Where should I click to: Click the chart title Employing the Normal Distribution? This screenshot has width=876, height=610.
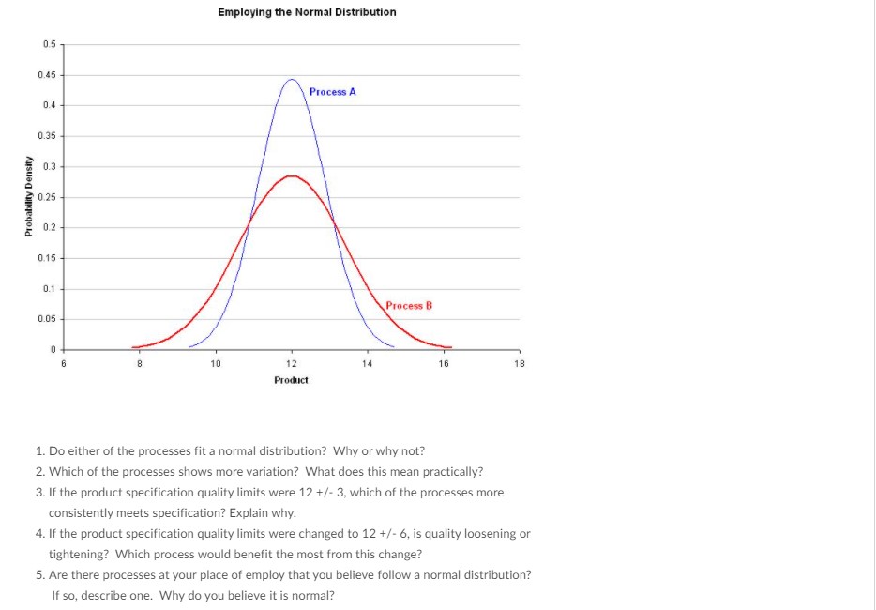pyautogui.click(x=307, y=12)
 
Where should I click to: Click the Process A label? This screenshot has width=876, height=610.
pyautogui.click(x=332, y=92)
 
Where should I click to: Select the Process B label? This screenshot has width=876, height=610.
pyautogui.click(x=409, y=306)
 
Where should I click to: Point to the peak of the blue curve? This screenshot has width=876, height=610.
pyautogui.click(x=292, y=80)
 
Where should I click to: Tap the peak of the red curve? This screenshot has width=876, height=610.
pyautogui.click(x=292, y=175)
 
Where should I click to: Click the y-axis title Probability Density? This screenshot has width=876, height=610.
pyautogui.click(x=29, y=197)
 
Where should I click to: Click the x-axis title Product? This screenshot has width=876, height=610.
pyautogui.click(x=291, y=380)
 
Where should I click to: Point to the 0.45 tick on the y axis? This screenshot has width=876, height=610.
pyautogui.click(x=48, y=75)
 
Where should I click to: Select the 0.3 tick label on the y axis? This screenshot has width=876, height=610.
pyautogui.click(x=50, y=166)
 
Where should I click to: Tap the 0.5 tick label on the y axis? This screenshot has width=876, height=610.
pyautogui.click(x=50, y=44)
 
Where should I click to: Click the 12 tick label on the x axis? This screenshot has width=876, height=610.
pyautogui.click(x=292, y=363)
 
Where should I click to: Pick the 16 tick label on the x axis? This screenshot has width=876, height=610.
pyautogui.click(x=444, y=363)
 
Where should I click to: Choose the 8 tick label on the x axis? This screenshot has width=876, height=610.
pyautogui.click(x=140, y=363)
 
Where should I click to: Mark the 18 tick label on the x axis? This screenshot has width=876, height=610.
pyautogui.click(x=519, y=363)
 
